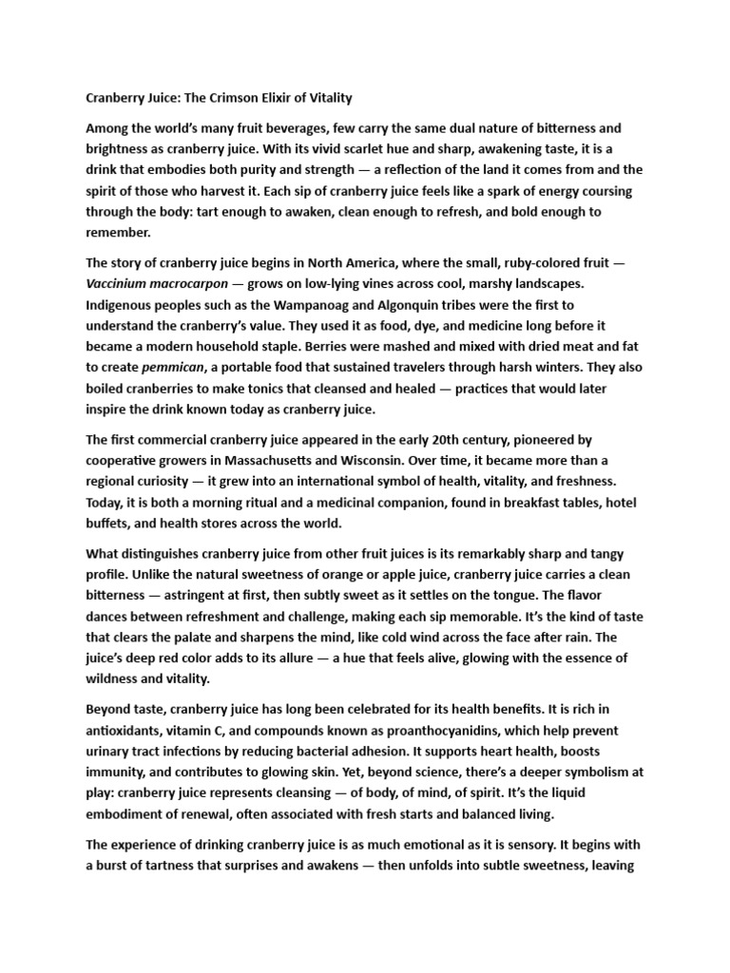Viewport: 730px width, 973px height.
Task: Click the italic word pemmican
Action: pos(176,367)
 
